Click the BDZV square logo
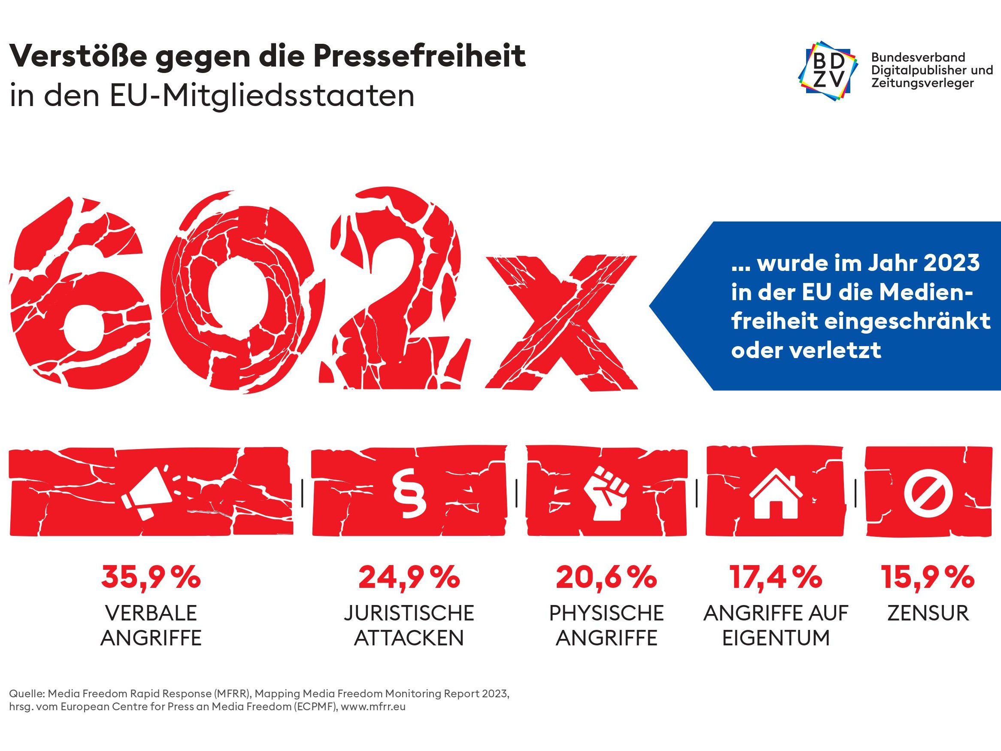[828, 70]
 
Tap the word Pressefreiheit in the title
[419, 56]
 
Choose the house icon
[776, 493]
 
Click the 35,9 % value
[151, 577]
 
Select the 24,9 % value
[409, 577]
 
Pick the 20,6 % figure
[607, 577]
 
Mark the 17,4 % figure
[776, 577]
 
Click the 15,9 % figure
[928, 577]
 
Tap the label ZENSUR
[928, 613]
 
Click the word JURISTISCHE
[409, 613]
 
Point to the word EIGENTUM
[776, 638]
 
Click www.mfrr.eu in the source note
[373, 707]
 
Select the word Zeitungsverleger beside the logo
[922, 83]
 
